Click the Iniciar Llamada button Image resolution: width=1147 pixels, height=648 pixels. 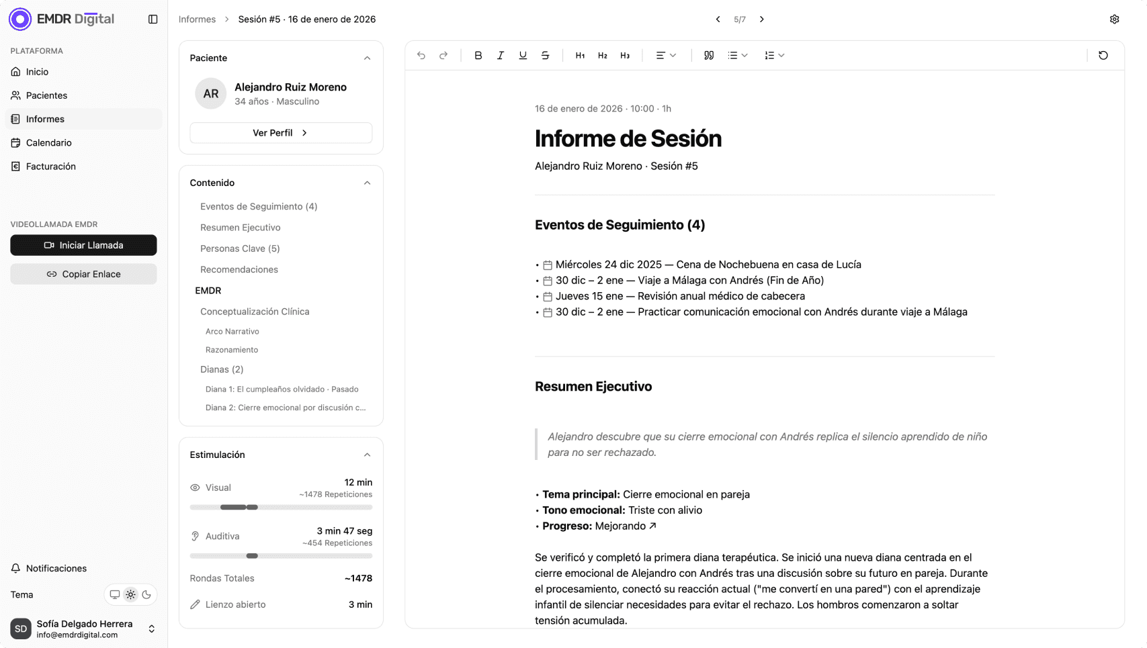pos(83,245)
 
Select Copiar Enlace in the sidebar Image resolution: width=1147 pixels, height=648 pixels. pos(83,274)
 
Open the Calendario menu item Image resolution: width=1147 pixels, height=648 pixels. pos(48,142)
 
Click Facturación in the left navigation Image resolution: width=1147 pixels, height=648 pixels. pos(50,167)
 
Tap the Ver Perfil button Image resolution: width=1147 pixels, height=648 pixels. pos(280,133)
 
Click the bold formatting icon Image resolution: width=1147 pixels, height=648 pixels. pos(478,56)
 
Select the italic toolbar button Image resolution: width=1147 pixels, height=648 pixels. pos(501,56)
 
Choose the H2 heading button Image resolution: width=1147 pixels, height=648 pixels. pos(603,56)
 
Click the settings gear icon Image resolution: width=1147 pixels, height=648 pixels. pos(1114,19)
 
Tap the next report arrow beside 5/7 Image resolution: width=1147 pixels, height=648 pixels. pos(761,19)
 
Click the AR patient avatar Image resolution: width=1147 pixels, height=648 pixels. pos(210,93)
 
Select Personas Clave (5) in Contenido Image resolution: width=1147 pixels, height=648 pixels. pos(240,248)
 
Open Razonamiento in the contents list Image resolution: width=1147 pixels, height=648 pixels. pos(232,350)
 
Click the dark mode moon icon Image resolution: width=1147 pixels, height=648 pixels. pos(146,595)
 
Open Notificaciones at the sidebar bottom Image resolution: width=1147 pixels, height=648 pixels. pos(56,568)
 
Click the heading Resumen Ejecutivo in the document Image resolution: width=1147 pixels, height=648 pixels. pos(593,387)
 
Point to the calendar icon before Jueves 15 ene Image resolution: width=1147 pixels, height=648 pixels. pos(548,297)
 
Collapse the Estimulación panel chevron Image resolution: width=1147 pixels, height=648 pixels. pos(367,455)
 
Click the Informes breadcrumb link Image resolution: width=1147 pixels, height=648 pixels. pos(197,19)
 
